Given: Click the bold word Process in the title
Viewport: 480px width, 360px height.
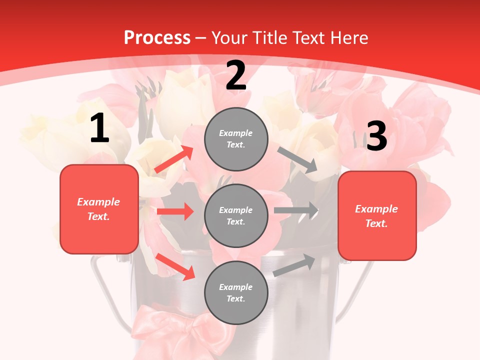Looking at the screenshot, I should coord(157,38).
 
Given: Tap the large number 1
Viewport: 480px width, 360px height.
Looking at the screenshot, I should coord(99,128).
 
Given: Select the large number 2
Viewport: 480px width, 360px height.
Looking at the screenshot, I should coord(236,75).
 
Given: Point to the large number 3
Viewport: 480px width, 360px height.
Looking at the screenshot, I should coord(376,136).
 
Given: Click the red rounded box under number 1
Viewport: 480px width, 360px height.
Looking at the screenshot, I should coord(99,209).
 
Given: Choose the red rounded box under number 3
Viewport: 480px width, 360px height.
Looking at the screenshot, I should coord(377,215).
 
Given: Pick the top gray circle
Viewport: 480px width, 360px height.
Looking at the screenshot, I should coord(236,139).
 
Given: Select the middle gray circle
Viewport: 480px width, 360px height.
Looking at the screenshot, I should coord(236,215).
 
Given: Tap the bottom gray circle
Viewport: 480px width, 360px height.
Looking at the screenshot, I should coord(236,292).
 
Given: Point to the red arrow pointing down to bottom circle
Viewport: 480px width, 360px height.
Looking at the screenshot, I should coord(175,266).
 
